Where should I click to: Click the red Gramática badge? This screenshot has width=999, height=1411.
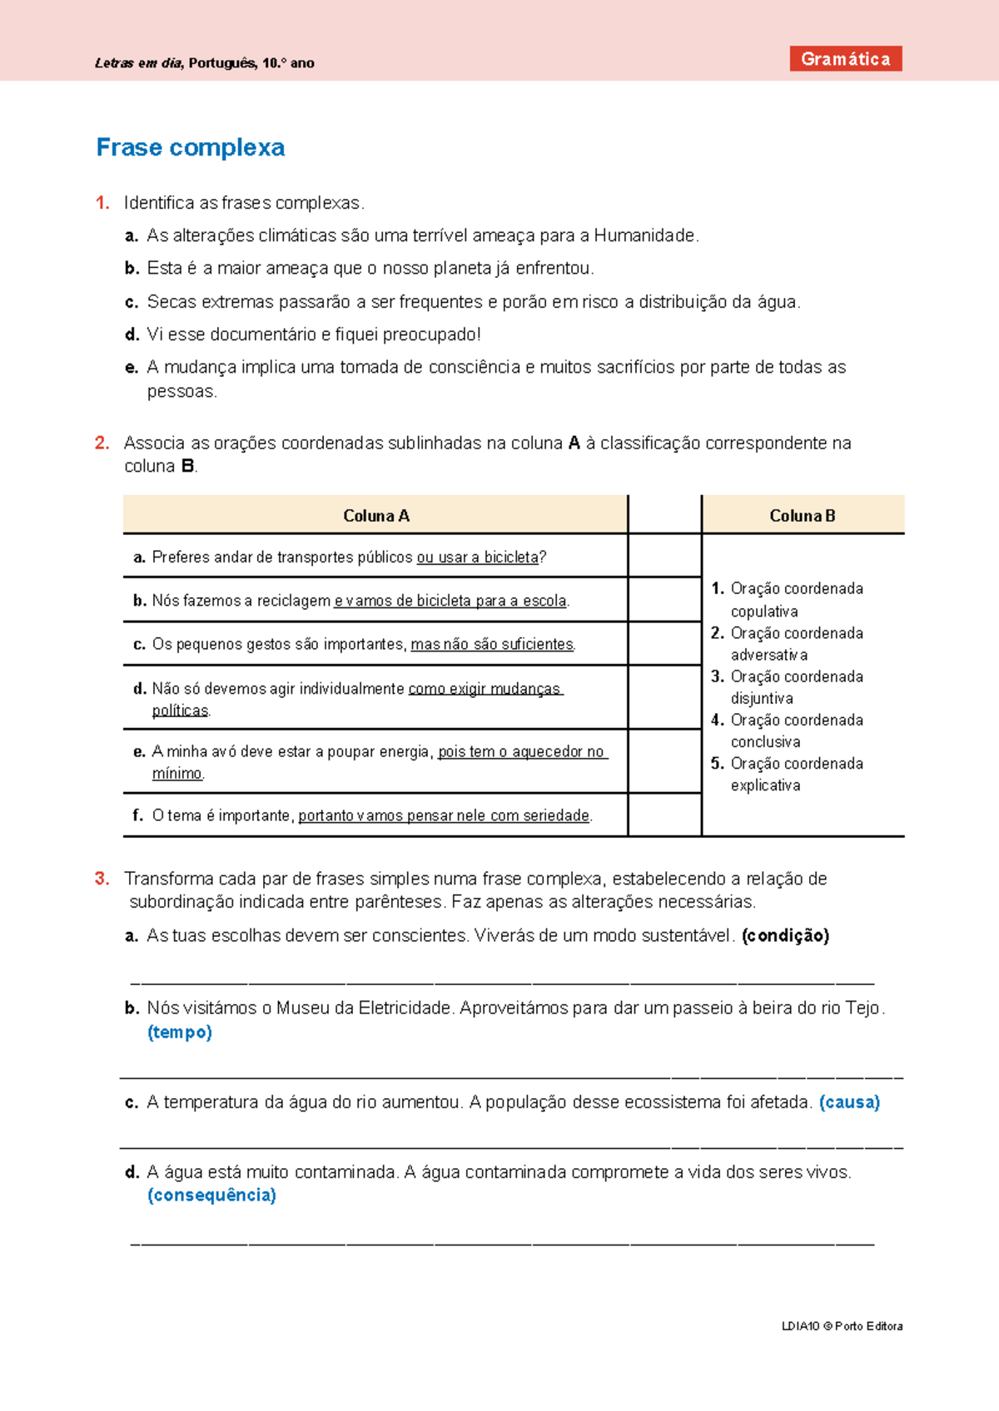(845, 59)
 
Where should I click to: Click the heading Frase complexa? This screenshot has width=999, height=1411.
(190, 147)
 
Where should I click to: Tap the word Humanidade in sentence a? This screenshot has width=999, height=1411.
(644, 235)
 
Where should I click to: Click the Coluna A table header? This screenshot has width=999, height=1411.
(375, 516)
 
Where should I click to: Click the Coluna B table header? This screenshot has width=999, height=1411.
(802, 516)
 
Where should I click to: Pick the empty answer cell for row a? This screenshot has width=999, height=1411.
(664, 556)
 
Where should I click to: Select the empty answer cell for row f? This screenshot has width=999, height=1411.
(664, 815)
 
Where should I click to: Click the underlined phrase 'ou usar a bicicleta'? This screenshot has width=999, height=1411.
(478, 557)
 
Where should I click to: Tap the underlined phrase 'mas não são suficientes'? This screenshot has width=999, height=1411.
(492, 644)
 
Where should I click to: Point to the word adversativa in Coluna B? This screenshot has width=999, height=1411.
(768, 655)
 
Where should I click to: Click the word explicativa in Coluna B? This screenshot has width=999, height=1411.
(765, 785)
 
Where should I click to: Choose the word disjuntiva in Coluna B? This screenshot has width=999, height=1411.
(761, 698)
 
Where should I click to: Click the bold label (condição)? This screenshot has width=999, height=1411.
(785, 935)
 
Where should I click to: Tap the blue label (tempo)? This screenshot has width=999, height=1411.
(180, 1032)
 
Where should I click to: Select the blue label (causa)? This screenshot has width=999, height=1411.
(849, 1102)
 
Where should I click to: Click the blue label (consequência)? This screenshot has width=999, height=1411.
(211, 1196)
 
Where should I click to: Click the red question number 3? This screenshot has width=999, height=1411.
(102, 879)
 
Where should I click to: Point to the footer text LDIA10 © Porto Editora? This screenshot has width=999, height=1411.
(842, 1326)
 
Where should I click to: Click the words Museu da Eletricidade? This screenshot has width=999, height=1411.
(364, 1008)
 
